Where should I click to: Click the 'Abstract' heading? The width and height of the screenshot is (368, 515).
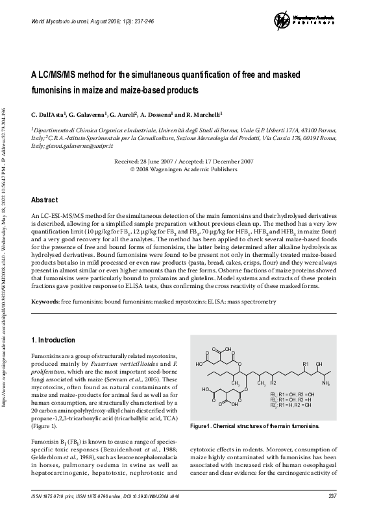(x=47, y=200)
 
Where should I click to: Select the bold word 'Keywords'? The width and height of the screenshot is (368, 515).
(x=44, y=302)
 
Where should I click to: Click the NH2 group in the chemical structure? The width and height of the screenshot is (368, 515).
(x=327, y=383)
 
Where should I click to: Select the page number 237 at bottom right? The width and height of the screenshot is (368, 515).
(x=331, y=497)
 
